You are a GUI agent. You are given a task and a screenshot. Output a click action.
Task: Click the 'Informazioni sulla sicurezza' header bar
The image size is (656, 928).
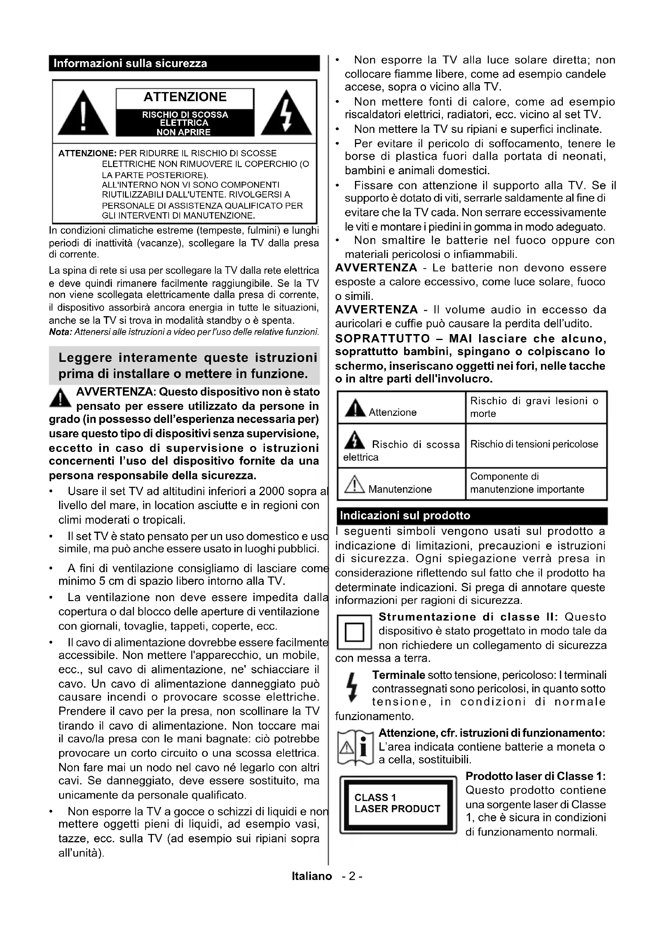click(184, 63)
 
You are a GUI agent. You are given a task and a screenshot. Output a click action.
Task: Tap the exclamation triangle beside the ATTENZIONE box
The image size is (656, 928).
click(83, 114)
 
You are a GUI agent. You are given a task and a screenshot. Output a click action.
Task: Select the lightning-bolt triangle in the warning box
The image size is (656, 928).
click(286, 114)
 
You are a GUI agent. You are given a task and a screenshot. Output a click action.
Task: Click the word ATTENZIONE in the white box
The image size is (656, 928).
click(185, 97)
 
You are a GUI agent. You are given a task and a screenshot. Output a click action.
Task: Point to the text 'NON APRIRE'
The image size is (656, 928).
click(184, 132)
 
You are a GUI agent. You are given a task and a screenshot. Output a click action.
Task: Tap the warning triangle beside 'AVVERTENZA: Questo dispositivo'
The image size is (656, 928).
click(60, 398)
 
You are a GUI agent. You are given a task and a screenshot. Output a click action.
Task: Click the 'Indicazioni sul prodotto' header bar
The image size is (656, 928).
click(472, 516)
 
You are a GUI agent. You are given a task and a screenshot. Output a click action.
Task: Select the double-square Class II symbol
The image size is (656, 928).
click(354, 632)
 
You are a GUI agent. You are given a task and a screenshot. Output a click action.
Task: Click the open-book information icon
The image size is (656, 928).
click(355, 748)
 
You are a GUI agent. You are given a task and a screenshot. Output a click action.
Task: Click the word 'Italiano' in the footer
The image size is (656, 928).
click(312, 876)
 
